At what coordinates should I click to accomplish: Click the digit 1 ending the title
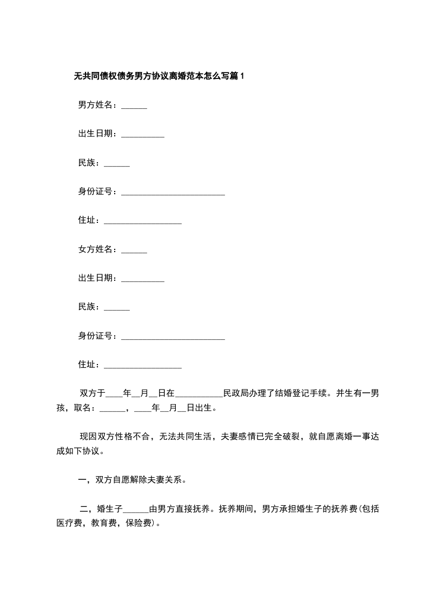coord(242,76)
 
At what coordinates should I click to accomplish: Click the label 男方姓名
coord(96,105)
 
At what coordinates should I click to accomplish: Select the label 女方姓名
coord(96,249)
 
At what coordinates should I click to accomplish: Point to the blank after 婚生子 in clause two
coord(136,511)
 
